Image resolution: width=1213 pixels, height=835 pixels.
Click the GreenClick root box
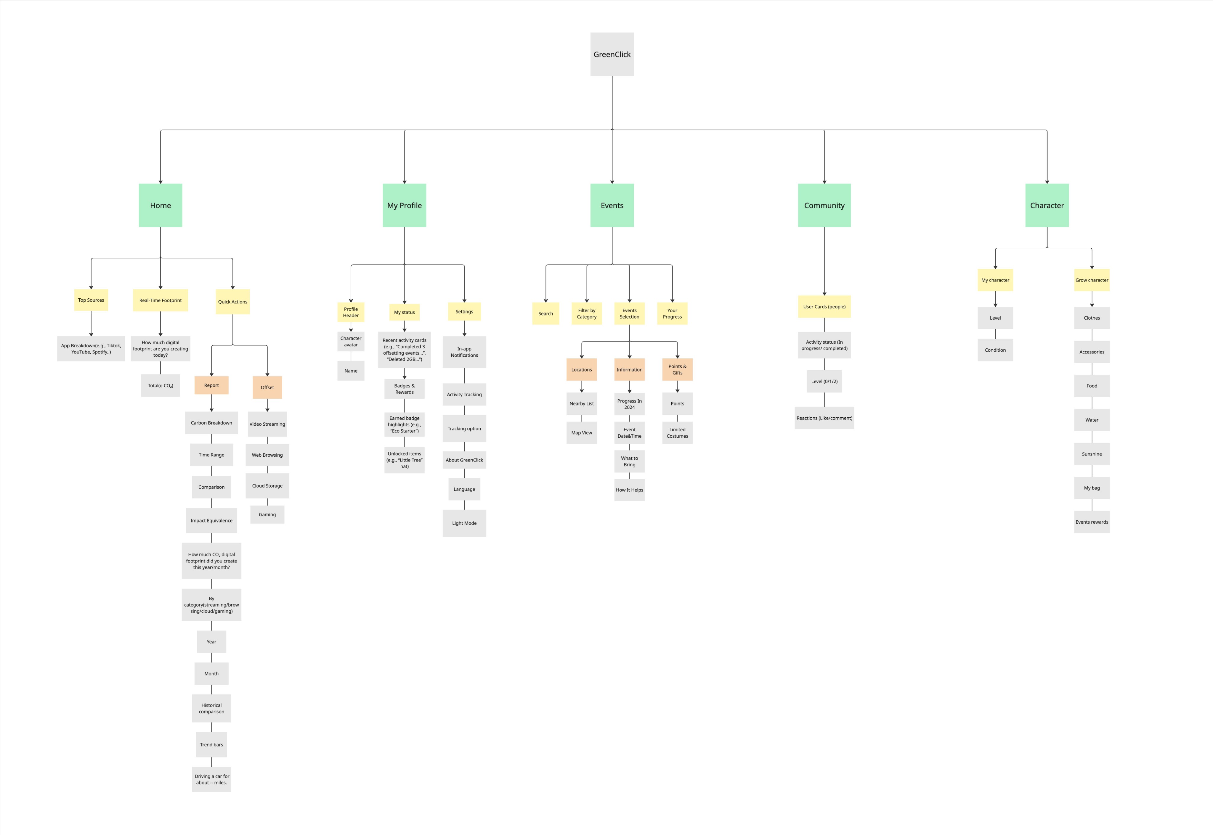(x=612, y=54)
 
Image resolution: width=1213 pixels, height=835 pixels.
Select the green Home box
(x=160, y=205)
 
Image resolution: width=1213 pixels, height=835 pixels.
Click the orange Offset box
(x=267, y=387)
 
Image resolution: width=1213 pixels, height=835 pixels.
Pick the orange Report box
(x=211, y=385)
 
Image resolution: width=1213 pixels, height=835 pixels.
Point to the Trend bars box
(x=211, y=744)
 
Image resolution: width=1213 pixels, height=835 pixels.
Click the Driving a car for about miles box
(x=211, y=779)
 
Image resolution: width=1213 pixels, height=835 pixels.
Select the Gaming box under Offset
(x=267, y=514)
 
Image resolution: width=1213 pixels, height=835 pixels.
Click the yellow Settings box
(x=464, y=311)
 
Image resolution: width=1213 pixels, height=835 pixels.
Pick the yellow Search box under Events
(x=545, y=313)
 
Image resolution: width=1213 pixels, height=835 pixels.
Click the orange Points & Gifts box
(x=677, y=369)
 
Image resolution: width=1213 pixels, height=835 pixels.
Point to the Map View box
(x=581, y=433)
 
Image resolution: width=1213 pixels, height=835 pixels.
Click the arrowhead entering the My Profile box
(x=405, y=181)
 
